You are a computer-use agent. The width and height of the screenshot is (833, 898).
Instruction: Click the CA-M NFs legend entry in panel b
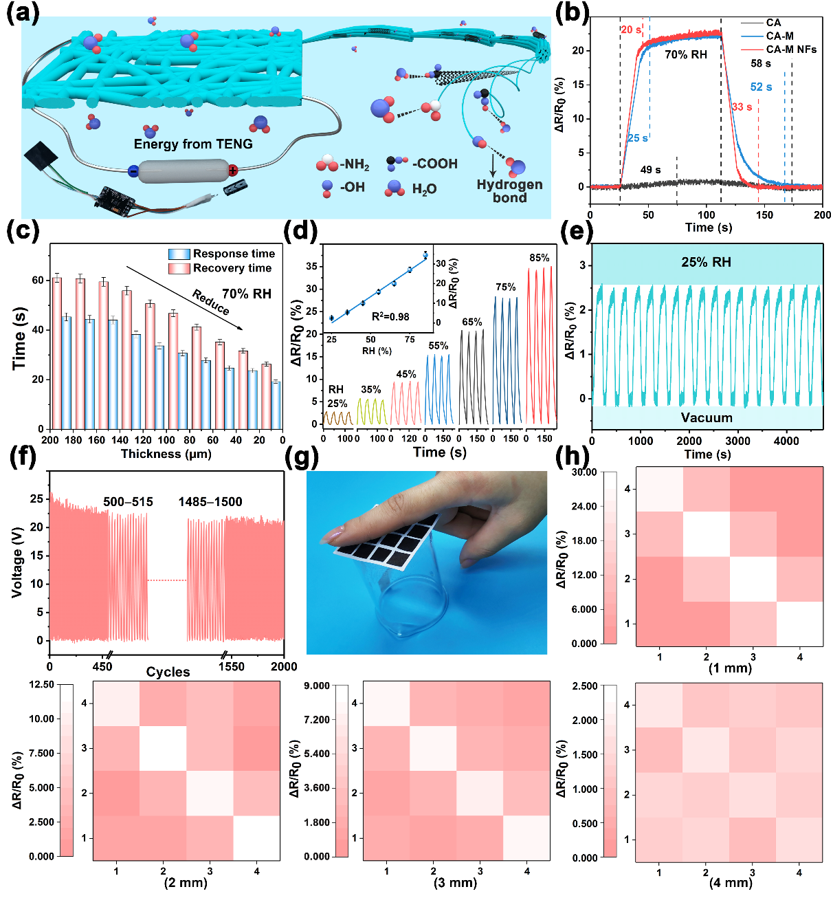click(x=790, y=50)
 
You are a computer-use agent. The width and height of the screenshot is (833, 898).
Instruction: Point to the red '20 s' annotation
click(x=630, y=30)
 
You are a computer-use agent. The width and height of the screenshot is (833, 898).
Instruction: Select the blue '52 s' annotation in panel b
click(x=761, y=87)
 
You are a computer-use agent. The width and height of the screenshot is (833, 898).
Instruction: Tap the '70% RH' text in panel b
click(x=685, y=54)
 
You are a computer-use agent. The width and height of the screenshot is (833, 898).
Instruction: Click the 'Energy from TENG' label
click(x=193, y=144)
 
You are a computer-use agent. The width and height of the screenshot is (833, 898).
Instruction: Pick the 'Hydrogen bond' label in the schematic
click(x=509, y=191)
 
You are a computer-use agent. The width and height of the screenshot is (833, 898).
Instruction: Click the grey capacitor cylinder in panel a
click(x=183, y=171)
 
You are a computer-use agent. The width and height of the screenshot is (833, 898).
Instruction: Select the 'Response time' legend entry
click(x=233, y=254)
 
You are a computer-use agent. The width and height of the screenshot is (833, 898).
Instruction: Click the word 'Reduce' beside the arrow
click(x=210, y=303)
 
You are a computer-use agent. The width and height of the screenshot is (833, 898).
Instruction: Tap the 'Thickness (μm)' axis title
click(x=166, y=454)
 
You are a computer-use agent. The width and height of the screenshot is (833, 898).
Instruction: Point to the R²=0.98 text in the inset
click(x=390, y=317)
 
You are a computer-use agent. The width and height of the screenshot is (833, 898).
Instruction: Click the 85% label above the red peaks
click(x=539, y=258)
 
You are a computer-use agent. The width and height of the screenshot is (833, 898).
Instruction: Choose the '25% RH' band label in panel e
click(x=706, y=262)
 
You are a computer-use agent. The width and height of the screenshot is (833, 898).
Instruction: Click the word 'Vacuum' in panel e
click(x=707, y=417)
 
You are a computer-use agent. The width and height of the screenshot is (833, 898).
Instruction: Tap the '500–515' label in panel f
click(x=128, y=502)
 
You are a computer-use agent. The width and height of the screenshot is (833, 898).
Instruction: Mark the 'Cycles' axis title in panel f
click(x=168, y=672)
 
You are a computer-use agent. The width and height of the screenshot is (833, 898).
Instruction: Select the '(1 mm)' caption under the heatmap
click(x=730, y=668)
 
